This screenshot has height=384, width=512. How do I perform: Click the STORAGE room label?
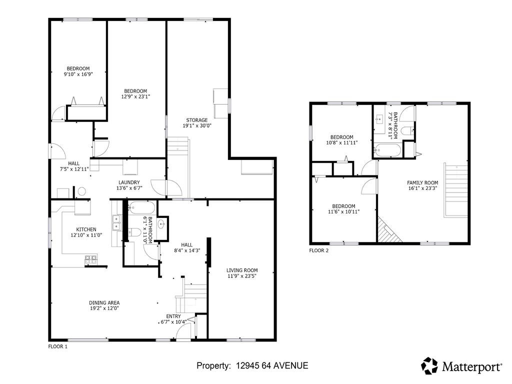click(196, 120)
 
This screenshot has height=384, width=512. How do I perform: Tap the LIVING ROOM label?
click(242, 270)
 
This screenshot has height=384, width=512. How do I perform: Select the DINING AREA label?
click(104, 302)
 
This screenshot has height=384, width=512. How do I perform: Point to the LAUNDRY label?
click(129, 182)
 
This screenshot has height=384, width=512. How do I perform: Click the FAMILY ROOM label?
click(422, 182)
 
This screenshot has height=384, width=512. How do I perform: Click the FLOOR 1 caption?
click(57, 346)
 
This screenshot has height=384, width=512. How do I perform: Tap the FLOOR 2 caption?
click(319, 250)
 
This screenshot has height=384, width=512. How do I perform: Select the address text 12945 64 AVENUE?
click(272, 366)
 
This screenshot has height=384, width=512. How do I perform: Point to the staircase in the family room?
click(455, 190)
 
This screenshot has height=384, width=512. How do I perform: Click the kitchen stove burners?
click(91, 258)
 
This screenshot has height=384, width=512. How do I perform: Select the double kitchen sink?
click(117, 221)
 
